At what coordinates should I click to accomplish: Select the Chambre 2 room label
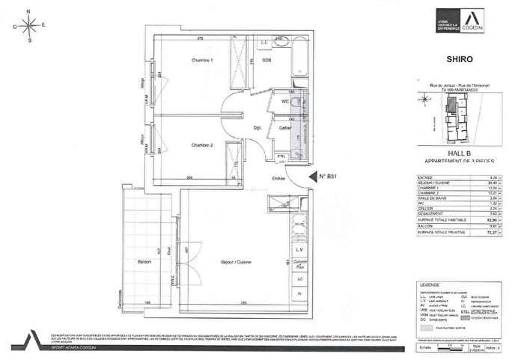point(202,144)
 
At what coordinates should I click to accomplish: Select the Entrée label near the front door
point(278,178)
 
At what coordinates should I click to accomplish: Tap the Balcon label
point(144,262)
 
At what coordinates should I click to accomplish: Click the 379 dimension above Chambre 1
point(201,38)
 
